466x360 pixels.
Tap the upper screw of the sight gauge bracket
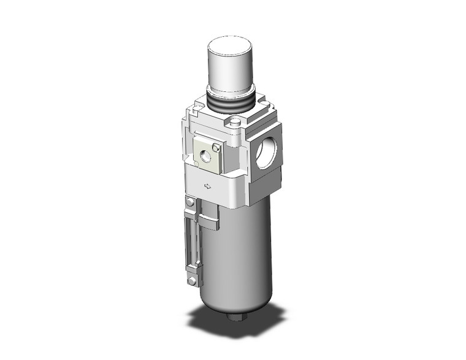coord(191,204)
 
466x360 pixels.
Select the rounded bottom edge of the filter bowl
coord(236,304)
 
